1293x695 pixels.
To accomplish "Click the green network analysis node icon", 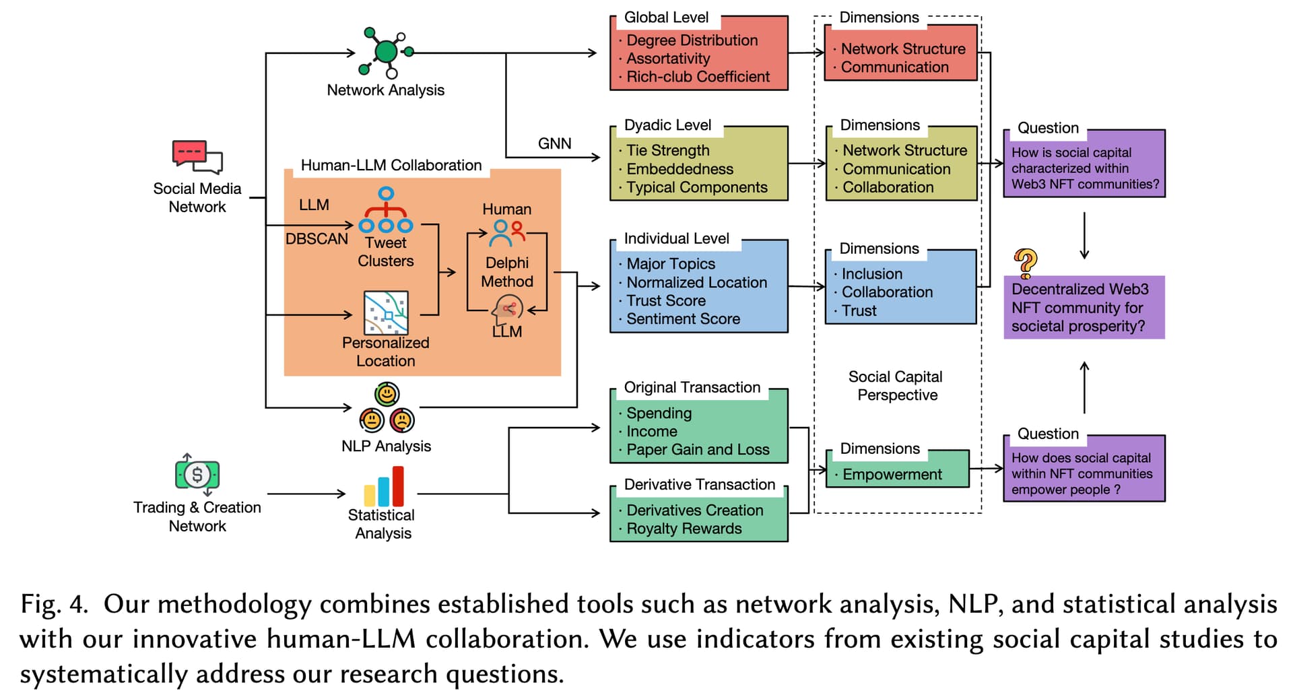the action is (x=387, y=52).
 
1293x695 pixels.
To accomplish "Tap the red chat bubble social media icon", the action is (x=197, y=157).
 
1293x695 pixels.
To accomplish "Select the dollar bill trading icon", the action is (x=197, y=475).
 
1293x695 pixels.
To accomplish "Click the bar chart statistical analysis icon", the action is (x=384, y=486).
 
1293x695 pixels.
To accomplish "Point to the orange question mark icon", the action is (x=1025, y=263).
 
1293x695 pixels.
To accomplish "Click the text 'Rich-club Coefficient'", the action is (x=698, y=77).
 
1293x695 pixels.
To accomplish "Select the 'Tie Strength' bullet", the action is (x=667, y=150).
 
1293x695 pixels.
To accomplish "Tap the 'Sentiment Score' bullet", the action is (x=683, y=319).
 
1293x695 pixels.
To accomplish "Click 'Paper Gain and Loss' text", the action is (x=698, y=449).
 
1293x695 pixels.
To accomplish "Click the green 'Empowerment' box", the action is (x=897, y=469).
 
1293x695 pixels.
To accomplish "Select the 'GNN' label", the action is (x=554, y=143).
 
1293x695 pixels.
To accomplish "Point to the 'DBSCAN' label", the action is (x=317, y=239).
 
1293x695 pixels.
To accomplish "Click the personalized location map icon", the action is (x=386, y=312).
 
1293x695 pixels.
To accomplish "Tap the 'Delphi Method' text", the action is (x=507, y=272).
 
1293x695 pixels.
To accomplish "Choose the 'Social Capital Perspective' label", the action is (x=896, y=386).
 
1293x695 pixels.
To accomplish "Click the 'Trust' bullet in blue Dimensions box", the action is (x=859, y=310).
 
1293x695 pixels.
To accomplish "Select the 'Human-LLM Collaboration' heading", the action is (x=391, y=165).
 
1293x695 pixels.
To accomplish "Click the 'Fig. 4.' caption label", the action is (x=54, y=604).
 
